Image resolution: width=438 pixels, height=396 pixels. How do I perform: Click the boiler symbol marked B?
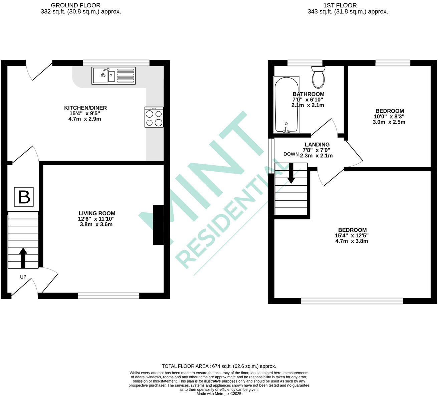tap(24, 197)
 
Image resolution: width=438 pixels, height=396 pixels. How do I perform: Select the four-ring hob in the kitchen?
tap(154, 117)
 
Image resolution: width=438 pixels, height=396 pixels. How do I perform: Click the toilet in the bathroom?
tap(318, 77)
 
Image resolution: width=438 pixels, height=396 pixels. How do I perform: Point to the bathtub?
tap(286, 105)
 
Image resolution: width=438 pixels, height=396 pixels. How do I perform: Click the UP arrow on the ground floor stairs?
tap(23, 257)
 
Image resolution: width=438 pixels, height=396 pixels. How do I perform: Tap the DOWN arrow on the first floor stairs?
tap(291, 173)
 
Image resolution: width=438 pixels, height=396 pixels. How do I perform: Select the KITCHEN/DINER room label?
tap(85, 108)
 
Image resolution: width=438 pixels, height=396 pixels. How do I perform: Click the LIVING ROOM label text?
tap(97, 213)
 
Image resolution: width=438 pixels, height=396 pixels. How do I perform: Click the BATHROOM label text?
tap(308, 94)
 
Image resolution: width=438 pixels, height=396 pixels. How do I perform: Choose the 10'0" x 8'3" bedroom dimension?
tap(389, 117)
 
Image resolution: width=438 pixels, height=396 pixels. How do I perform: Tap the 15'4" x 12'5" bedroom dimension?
tap(352, 235)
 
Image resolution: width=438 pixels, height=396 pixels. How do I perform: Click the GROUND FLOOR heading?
tap(75, 5)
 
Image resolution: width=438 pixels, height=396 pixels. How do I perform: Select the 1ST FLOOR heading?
tap(340, 5)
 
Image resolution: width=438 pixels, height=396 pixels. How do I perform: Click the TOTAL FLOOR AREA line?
tap(219, 366)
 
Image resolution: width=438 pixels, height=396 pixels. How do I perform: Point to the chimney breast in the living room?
tap(158, 225)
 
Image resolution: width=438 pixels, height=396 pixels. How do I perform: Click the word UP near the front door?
tap(23, 277)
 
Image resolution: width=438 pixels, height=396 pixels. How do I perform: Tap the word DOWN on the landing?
tap(291, 154)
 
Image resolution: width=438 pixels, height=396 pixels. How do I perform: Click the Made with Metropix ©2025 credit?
tap(219, 394)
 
